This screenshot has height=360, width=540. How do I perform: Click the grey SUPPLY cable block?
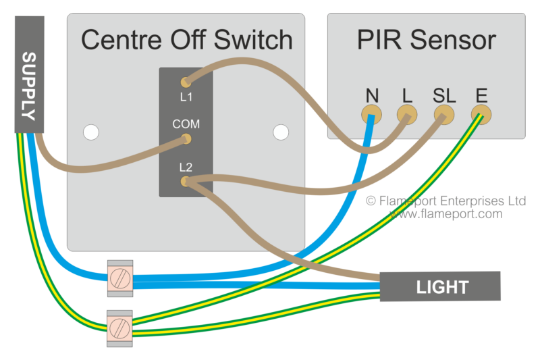(x=29, y=74)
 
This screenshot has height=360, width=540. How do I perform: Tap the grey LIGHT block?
(x=439, y=286)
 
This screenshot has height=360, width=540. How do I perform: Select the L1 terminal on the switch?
(x=186, y=82)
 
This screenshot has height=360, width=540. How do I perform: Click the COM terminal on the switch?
(x=186, y=139)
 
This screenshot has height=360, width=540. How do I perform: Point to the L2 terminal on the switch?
(x=186, y=181)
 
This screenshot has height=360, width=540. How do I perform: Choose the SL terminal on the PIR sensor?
(x=443, y=116)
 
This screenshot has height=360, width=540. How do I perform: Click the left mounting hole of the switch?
(x=90, y=132)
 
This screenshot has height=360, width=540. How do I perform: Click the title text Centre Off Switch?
(x=186, y=40)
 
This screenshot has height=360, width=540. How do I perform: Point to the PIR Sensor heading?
(x=427, y=40)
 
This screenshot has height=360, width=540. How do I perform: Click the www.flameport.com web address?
(x=446, y=214)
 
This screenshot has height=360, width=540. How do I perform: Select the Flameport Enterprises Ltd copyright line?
(x=446, y=201)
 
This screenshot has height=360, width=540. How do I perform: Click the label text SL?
(x=443, y=95)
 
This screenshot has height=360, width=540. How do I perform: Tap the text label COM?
(x=186, y=125)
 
